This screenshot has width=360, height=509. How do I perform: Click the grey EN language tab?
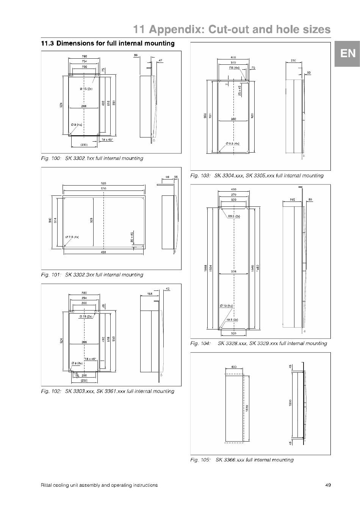pos(347,54)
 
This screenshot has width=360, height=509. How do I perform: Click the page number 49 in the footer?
pos(328,485)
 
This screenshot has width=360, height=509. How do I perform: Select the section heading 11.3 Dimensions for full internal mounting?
pos(108,44)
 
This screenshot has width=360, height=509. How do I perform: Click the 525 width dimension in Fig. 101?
pos(103,183)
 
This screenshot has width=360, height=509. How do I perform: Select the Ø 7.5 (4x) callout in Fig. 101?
pos(72,237)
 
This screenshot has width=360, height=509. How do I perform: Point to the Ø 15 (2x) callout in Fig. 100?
pos(86,89)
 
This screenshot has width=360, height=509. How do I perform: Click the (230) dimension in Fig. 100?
pos(84,145)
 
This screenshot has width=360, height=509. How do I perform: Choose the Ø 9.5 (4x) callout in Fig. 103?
pos(232,144)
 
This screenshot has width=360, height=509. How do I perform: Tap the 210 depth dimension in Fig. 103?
pos(293,61)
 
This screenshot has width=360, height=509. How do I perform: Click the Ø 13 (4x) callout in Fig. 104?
pos(226,306)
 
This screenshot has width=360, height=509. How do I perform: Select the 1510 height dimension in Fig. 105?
pos(247,408)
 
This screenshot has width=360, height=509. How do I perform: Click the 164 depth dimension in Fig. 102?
pos(150,294)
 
